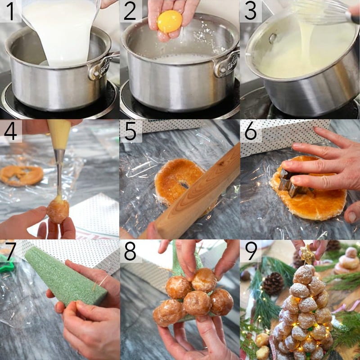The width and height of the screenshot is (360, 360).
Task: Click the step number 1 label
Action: coord(10,11)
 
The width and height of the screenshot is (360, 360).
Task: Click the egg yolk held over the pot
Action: coord(170,22)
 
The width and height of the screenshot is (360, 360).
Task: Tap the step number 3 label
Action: coord(250,11)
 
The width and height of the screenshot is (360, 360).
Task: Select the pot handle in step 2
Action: coord(227,63)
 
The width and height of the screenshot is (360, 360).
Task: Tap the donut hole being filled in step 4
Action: coord(58,211)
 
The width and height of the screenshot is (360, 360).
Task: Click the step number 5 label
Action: coord(130,131)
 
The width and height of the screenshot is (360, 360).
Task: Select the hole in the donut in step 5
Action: coord(184,184)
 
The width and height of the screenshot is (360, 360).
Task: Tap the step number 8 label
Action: coord(130,251)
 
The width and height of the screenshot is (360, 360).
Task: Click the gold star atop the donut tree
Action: coord(308,255)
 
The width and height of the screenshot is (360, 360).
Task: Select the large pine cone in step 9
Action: coord(273,283)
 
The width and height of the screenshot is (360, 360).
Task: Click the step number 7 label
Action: coord(10,251)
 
